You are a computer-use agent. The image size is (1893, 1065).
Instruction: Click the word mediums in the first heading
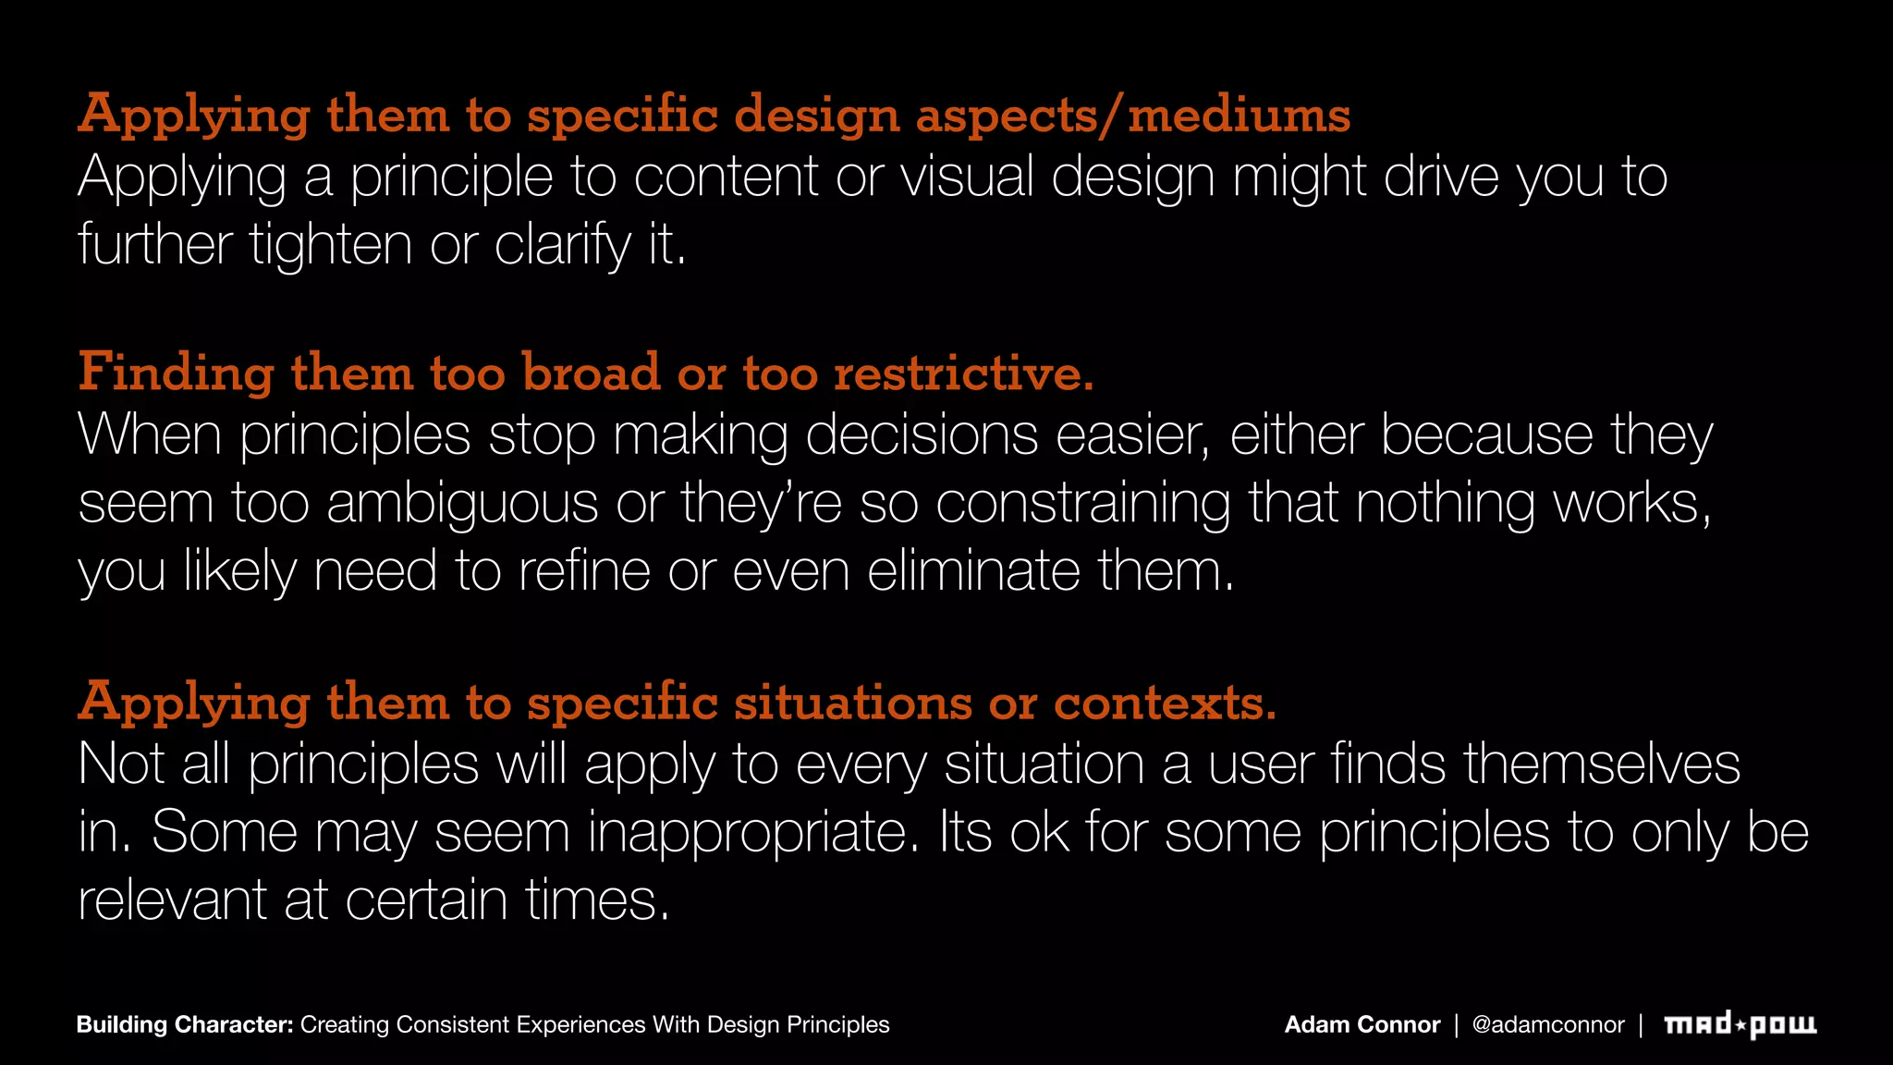tap(1239, 116)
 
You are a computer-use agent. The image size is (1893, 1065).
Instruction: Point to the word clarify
tap(562, 245)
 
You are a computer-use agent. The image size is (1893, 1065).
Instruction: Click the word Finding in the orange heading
tap(176, 373)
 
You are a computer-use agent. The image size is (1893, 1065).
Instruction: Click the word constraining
tap(1082, 503)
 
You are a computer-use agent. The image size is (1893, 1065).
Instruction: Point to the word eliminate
tap(973, 570)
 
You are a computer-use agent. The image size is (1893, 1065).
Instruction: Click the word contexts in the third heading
tap(1165, 703)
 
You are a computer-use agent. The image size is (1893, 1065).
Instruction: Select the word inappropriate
tap(754, 832)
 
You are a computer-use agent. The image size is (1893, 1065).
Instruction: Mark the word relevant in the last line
tap(172, 900)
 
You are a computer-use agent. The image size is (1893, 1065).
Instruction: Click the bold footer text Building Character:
tap(185, 1024)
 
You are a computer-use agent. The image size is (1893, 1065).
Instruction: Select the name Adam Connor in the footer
tap(1362, 1024)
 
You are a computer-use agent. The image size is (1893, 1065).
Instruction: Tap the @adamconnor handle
tap(1547, 1024)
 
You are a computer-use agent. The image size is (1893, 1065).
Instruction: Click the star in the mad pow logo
tap(1740, 1024)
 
